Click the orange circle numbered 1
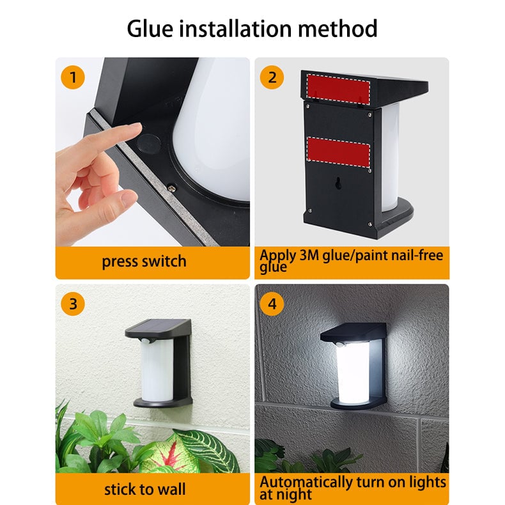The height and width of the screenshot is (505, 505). click(x=73, y=77)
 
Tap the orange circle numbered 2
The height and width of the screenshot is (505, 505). click(x=272, y=77)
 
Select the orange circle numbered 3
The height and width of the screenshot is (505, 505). click(x=73, y=304)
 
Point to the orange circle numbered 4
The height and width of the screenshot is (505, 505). click(x=272, y=304)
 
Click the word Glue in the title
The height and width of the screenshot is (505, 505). click(x=150, y=29)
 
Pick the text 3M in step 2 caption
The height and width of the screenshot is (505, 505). click(x=309, y=256)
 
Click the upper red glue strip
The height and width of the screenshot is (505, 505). click(x=338, y=89)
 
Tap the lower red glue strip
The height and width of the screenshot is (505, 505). click(x=339, y=151)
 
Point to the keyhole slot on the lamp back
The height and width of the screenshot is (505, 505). click(x=338, y=183)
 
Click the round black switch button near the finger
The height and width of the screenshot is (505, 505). click(x=149, y=144)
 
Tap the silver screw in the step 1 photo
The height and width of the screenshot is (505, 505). click(x=172, y=187)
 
